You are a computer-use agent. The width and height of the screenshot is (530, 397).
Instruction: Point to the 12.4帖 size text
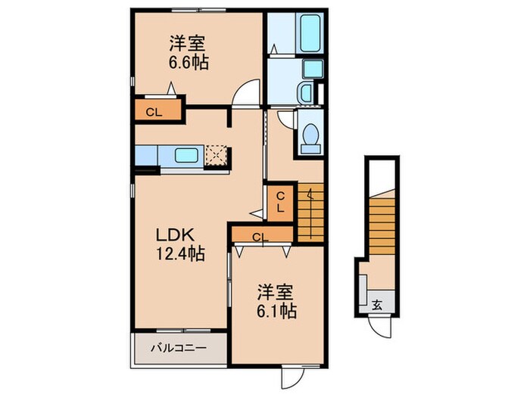tap(181, 254)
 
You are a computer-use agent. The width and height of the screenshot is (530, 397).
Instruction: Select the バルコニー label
tap(179, 349)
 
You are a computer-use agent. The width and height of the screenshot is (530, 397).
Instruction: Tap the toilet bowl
tap(309, 136)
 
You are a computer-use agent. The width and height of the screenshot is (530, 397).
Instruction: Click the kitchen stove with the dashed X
tap(218, 154)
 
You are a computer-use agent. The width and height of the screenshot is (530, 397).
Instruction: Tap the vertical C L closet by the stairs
tap(279, 202)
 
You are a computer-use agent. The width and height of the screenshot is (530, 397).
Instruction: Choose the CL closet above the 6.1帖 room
tap(260, 237)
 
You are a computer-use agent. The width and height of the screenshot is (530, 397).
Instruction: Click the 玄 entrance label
tap(377, 306)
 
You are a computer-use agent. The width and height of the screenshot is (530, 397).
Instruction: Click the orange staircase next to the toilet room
tap(310, 212)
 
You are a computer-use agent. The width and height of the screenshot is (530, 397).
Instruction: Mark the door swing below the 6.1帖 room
tap(291, 374)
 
